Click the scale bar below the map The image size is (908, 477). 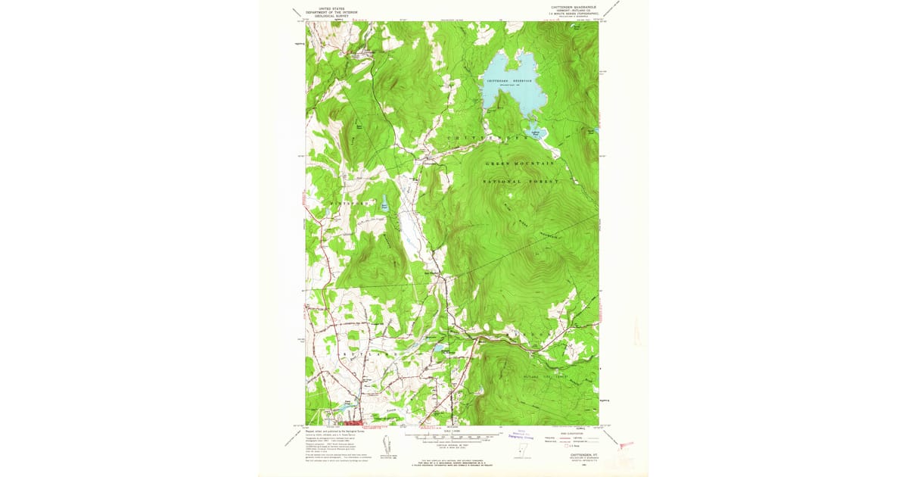coord(451,437)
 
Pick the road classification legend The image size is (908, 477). coord(572,438)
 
